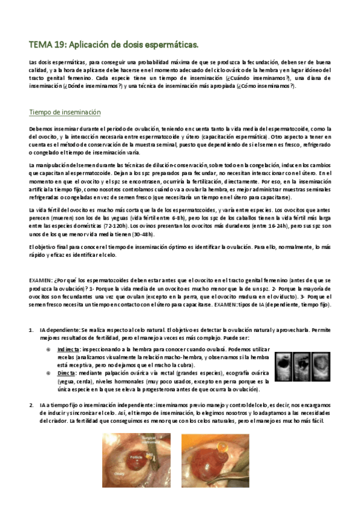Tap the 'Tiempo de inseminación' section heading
pyautogui.click(x=65, y=112)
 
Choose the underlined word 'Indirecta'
pyautogui.click(x=69, y=349)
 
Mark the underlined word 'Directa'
pyautogui.click(x=66, y=372)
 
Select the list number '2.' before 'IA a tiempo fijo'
pyautogui.click(x=31, y=405)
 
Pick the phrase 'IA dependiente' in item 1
pyautogui.click(x=59, y=331)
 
